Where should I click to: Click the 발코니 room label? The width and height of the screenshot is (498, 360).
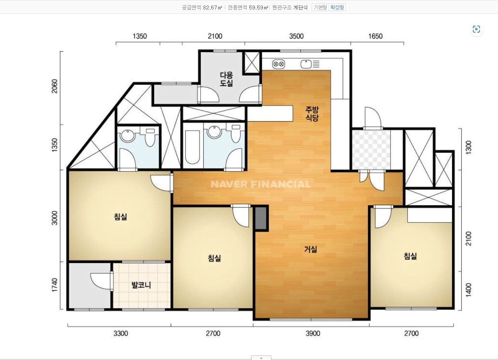tap(141, 285)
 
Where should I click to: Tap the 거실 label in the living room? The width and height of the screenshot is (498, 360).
tap(311, 249)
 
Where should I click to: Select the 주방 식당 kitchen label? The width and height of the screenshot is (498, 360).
tap(312, 113)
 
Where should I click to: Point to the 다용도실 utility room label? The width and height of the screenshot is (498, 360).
tap(226, 79)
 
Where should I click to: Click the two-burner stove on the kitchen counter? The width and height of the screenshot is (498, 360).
tap(278, 64)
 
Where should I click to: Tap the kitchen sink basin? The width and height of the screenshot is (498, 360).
tap(306, 64)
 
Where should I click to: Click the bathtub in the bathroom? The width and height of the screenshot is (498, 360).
tap(192, 147)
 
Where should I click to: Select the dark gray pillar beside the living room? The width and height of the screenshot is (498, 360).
tap(261, 218)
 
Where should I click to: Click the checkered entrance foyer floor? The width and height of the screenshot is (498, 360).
tap(371, 150)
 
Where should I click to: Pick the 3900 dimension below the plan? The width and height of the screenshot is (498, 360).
tap(313, 333)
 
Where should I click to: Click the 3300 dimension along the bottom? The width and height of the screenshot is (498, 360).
tap(121, 333)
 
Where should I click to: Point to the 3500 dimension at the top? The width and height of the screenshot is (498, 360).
tap(296, 36)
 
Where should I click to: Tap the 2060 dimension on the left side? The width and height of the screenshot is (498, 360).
tap(54, 86)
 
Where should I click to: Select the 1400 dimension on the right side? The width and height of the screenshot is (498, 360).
tap(468, 290)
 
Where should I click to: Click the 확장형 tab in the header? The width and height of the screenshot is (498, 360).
tap(337, 7)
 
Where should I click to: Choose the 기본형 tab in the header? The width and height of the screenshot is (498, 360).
tap(320, 7)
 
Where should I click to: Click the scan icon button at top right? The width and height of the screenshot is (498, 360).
tap(476, 29)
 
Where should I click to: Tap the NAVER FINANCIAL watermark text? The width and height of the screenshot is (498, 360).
tap(260, 184)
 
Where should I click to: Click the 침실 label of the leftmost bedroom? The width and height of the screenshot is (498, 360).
tap(121, 217)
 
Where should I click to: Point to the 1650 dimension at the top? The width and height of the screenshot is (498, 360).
tap(375, 36)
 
